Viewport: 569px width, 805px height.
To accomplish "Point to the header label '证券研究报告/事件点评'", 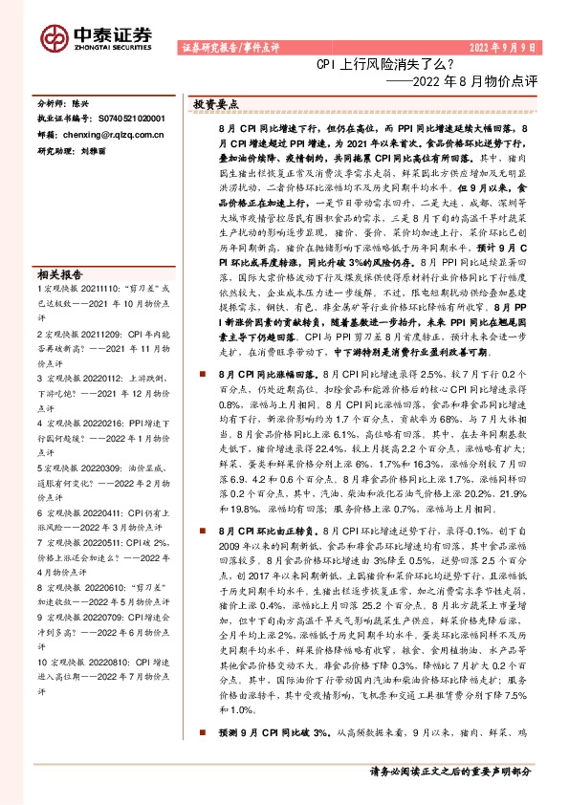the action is (227, 48).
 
